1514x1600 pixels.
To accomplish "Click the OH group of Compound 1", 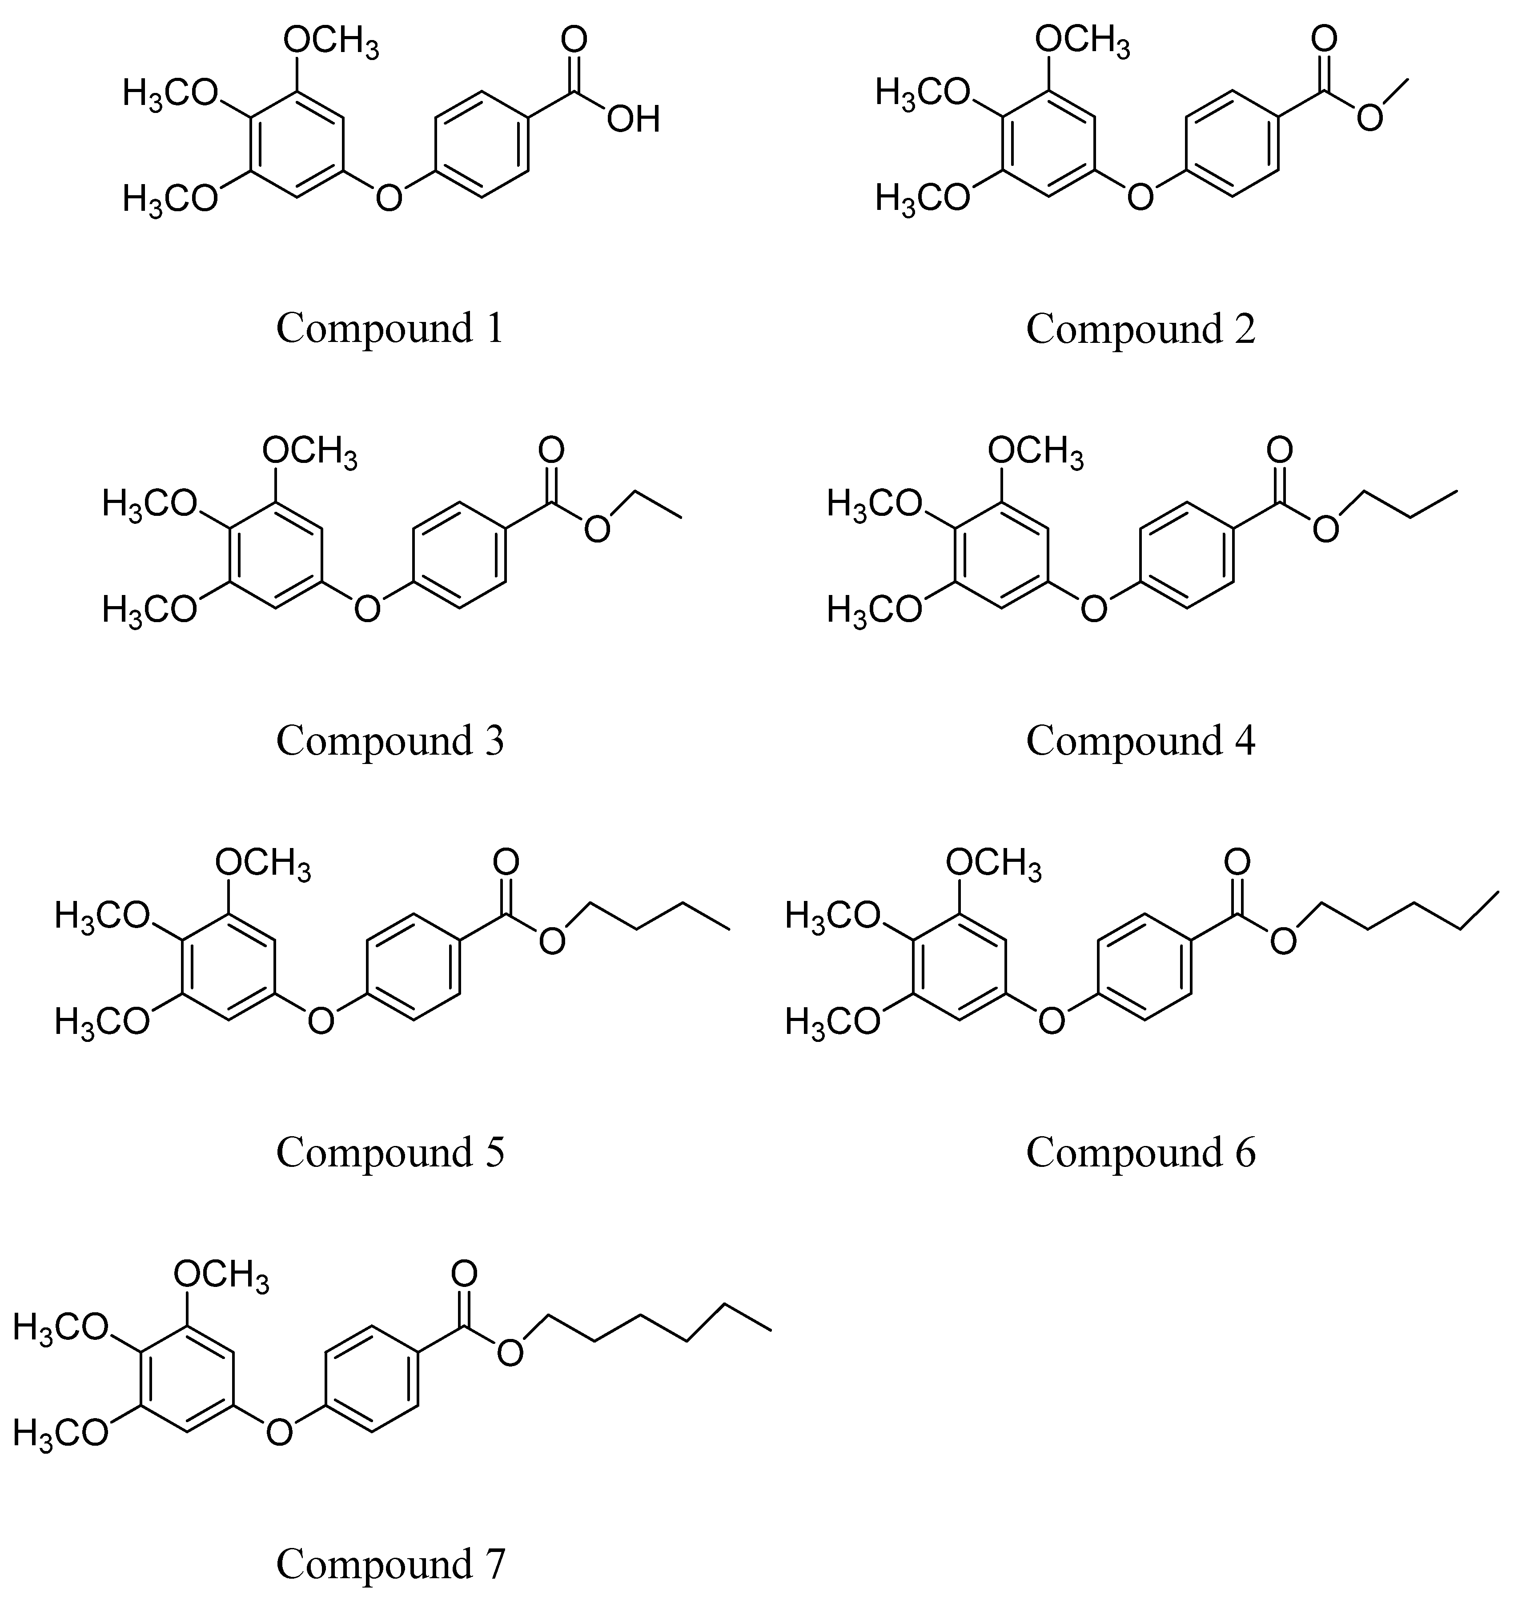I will tap(634, 120).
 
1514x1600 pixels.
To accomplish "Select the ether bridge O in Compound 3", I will tap(367, 608).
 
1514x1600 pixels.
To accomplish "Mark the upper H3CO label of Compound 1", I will tap(170, 94).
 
